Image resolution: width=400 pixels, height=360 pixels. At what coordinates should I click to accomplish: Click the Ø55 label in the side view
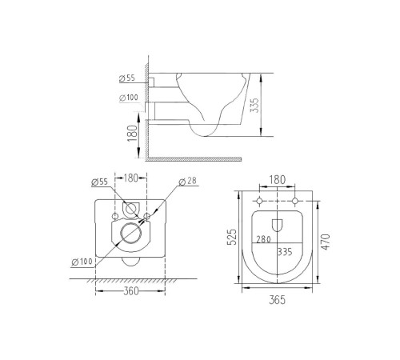(x=128, y=78)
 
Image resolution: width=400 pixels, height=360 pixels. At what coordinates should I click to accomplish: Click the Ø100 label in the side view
(x=128, y=98)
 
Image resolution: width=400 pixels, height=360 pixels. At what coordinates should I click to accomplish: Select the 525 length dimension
(x=232, y=238)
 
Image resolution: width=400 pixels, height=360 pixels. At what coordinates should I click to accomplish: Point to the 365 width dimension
(x=276, y=300)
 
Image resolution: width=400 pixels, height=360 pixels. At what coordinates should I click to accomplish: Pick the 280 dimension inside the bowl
(x=263, y=238)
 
